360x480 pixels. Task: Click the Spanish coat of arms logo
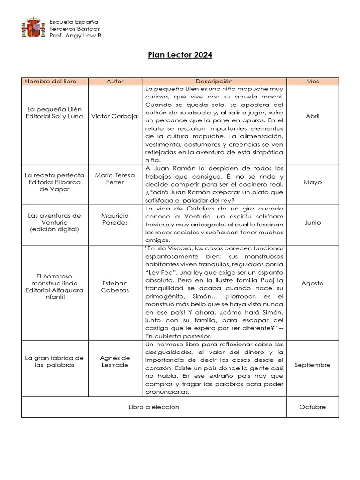coord(33,28)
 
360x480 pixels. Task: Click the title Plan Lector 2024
coord(180,55)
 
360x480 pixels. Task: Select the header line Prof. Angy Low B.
coord(76,36)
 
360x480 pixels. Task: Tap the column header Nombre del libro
coord(50,81)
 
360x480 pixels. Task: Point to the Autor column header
coord(115,81)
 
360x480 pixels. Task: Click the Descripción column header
coord(214,81)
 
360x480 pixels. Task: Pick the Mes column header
coord(312,81)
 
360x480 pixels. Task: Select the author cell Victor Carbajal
coord(115,116)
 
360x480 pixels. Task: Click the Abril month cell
coord(312,116)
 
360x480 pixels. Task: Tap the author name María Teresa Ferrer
coord(115,179)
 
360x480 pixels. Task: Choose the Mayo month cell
coord(312,182)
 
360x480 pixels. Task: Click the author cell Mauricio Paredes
coord(115,219)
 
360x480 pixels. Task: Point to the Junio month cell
coord(312,223)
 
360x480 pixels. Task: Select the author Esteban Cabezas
coord(115,286)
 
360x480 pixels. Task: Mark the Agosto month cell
coord(312,283)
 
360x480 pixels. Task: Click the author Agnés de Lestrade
coord(115,361)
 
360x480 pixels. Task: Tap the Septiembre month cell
coord(312,365)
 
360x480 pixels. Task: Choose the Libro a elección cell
coord(154,407)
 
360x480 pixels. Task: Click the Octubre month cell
coord(312,407)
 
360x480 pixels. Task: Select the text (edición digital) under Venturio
coord(54,229)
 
